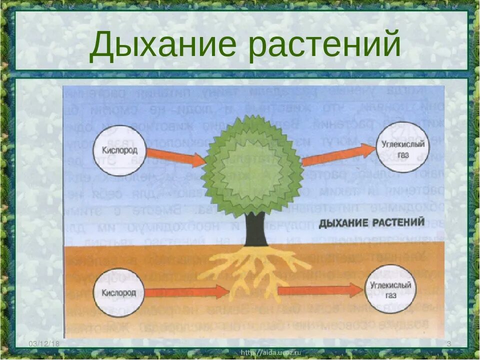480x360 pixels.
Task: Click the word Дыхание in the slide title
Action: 163,44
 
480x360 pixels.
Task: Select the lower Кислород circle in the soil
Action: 118,292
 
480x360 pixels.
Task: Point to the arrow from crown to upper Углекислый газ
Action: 339,153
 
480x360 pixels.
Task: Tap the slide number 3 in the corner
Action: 448,344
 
